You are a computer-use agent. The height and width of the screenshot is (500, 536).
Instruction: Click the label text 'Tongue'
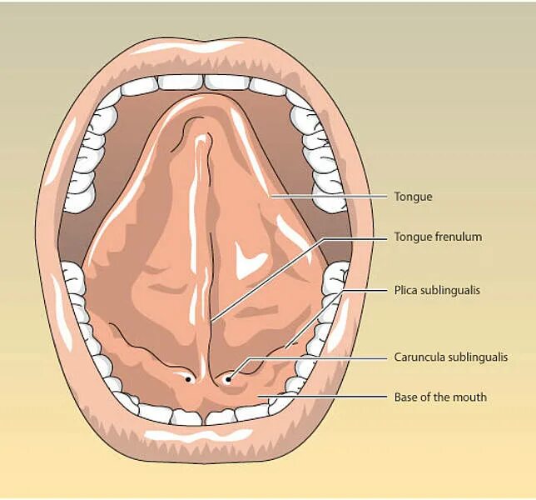[x=413, y=197]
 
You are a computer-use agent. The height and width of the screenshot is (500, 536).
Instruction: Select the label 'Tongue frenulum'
[x=437, y=237]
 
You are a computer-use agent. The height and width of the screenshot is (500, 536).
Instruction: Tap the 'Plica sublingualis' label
[x=437, y=291]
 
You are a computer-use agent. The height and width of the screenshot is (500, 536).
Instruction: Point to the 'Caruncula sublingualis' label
[x=450, y=357]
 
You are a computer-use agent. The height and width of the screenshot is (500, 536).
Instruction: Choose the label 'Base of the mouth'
[x=439, y=397]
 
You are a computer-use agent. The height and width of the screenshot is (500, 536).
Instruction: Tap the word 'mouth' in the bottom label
[x=470, y=397]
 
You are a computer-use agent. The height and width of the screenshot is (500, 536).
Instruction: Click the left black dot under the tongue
[x=191, y=379]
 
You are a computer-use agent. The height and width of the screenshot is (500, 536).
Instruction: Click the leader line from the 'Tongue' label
[x=333, y=197]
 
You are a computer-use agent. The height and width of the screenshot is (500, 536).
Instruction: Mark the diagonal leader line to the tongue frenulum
[x=266, y=279]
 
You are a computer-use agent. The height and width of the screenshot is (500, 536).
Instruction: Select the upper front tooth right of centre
[x=225, y=82]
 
